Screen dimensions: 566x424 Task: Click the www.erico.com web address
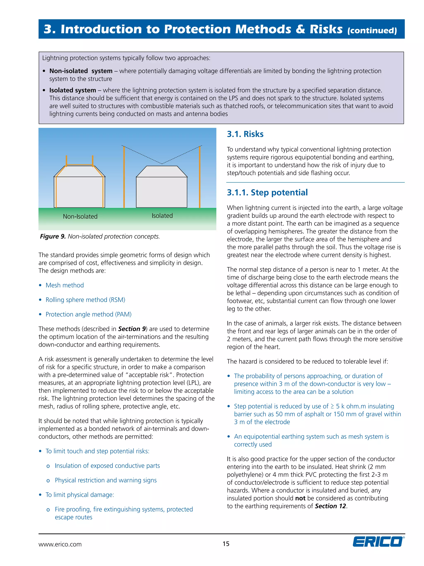coord(60,544)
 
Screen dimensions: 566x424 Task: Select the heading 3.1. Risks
coord(245,134)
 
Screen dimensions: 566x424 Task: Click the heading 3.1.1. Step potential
coord(267,192)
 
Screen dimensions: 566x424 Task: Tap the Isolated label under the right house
coord(162,216)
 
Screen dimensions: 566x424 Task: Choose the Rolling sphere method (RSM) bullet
coord(85,300)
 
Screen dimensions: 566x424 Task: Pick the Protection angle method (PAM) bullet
coord(88,314)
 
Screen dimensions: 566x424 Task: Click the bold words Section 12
coord(330,506)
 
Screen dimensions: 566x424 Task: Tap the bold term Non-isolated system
coord(81,71)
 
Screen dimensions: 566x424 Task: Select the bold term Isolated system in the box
coord(73,90)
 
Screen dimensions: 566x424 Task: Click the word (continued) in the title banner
coord(372,31)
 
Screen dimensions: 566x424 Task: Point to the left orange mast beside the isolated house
coord(124,177)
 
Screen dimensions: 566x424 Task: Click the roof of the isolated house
coord(161,171)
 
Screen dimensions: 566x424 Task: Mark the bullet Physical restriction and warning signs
coord(106,480)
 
